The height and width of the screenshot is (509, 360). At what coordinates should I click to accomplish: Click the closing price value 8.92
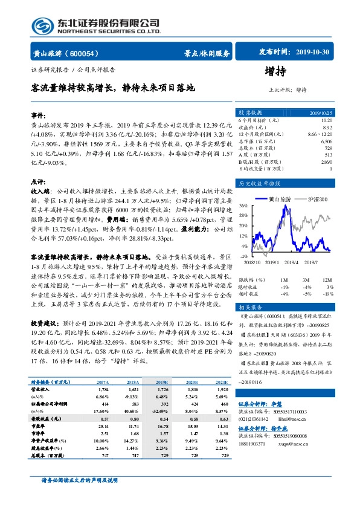tap(327, 127)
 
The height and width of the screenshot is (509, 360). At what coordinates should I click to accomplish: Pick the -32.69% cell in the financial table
tap(161, 411)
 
